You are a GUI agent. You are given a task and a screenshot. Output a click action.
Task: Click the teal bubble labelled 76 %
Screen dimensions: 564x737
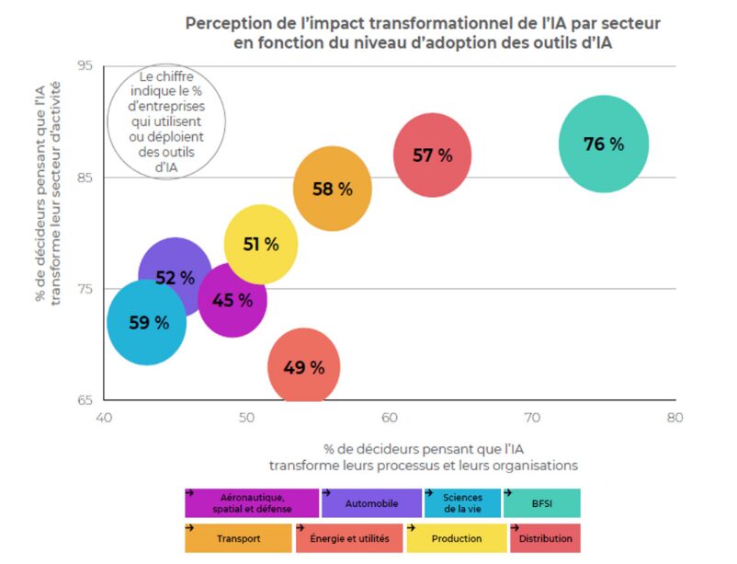604,144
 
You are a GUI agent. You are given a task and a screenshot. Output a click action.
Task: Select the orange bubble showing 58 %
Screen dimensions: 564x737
333,189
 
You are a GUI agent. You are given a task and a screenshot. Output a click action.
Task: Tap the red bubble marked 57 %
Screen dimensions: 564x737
432,155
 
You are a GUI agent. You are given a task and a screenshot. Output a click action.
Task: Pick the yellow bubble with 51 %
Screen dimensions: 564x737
261,244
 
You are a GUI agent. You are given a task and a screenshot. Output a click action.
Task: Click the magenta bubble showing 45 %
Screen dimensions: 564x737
232,300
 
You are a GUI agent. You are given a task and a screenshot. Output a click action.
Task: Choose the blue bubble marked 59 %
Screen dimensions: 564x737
147,323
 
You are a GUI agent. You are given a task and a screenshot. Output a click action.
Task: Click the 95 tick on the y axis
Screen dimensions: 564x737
85,66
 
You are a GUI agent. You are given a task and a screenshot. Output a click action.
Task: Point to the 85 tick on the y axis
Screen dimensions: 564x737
85,178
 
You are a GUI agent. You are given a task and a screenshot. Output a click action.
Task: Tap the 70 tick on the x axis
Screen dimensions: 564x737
532,417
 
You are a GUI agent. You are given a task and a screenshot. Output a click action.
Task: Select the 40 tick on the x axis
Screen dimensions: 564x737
104,417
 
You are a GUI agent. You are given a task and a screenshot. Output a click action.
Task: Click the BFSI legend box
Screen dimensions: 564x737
541,503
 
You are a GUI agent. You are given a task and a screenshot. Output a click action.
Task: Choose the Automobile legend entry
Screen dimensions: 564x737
371,503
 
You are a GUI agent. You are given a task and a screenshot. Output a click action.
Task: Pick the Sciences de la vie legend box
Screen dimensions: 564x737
462,503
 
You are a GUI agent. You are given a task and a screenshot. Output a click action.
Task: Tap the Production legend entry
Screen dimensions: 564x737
457,538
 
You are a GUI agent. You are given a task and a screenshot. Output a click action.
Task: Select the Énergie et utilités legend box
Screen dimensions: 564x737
350,538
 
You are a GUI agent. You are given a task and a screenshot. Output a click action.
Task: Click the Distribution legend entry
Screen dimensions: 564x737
545,538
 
